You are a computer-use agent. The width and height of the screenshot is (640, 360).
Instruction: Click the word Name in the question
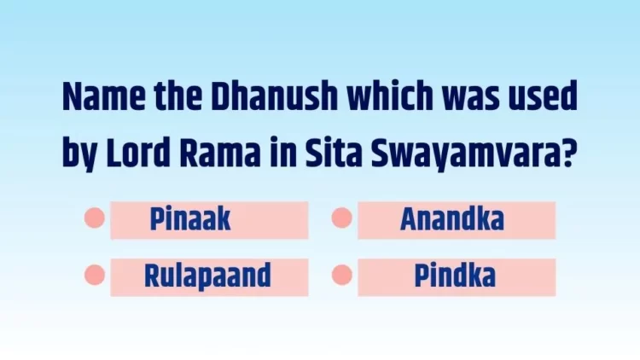(x=103, y=96)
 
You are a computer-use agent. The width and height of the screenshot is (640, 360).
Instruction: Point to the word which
(x=390, y=96)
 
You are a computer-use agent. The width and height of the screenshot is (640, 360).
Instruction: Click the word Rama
(x=219, y=152)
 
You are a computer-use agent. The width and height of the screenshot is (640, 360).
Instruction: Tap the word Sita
(x=334, y=152)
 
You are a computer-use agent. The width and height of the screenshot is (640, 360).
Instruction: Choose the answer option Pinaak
(x=190, y=219)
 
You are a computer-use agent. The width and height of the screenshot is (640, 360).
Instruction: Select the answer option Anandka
(x=452, y=219)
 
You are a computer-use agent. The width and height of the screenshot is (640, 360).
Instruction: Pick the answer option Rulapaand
(x=207, y=276)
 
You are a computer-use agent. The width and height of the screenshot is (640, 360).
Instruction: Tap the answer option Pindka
(x=455, y=276)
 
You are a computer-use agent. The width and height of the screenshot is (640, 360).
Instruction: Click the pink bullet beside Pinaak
(x=95, y=218)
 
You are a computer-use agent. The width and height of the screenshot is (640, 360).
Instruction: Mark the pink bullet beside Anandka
(x=342, y=218)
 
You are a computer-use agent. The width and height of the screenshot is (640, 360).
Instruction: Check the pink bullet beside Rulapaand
(x=95, y=275)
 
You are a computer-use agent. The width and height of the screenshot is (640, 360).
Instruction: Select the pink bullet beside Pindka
(x=342, y=275)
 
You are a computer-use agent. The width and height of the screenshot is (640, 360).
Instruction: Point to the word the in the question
(x=178, y=96)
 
